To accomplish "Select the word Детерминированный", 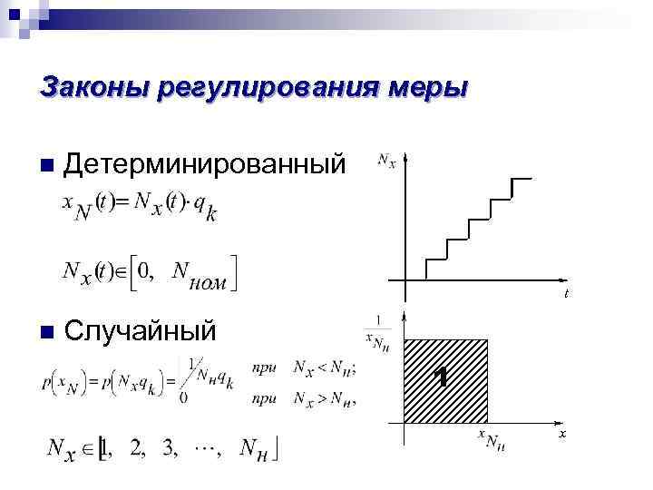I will [x=205, y=163].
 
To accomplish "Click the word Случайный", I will [x=141, y=330].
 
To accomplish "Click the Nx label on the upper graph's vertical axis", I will [x=386, y=162].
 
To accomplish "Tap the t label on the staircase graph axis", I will [x=566, y=293].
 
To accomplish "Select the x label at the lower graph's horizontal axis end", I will [x=562, y=436].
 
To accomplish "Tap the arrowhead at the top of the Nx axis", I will [x=406, y=161].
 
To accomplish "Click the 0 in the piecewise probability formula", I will [x=185, y=396].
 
